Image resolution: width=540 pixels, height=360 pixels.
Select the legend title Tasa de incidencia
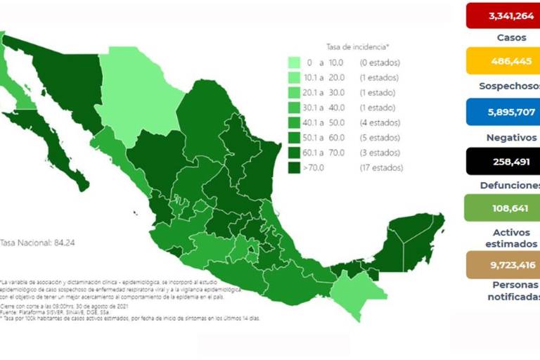point(357,46)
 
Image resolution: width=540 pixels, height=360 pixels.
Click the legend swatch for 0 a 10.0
point(294,63)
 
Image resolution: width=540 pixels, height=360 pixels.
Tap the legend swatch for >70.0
point(294,168)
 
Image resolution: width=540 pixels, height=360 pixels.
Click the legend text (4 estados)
point(380,122)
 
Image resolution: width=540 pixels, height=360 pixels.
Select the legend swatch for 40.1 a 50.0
point(294,122)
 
